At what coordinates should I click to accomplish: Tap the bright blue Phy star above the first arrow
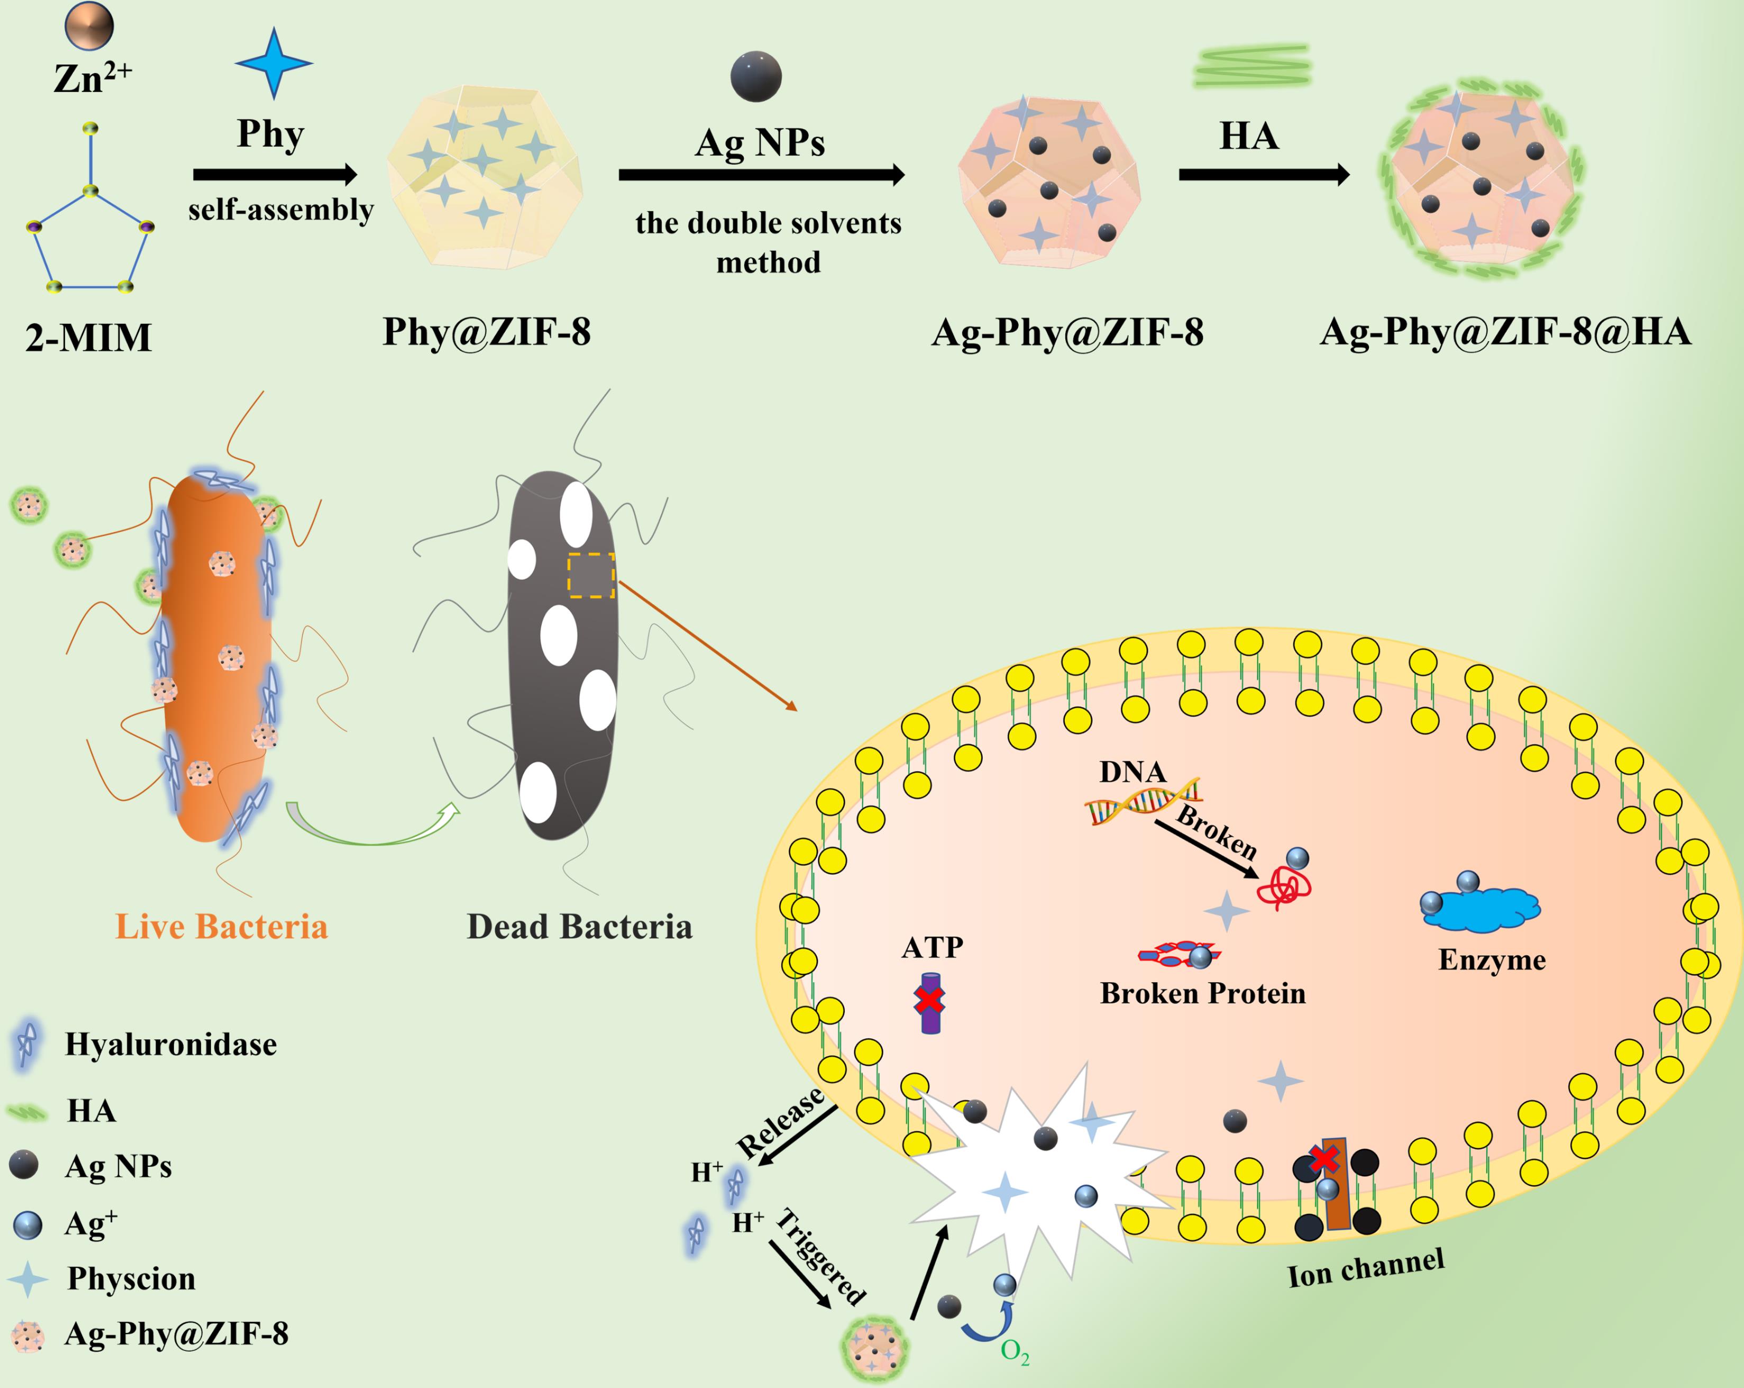pyautogui.click(x=273, y=63)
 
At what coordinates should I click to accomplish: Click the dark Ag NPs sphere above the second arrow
pyautogui.click(x=755, y=77)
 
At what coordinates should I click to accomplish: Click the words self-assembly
pyautogui.click(x=281, y=210)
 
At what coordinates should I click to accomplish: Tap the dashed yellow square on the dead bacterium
pyautogui.click(x=590, y=575)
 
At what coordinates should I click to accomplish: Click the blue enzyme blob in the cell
pyautogui.click(x=1480, y=908)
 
